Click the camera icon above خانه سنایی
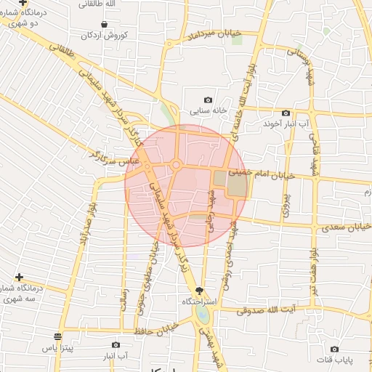[209, 100]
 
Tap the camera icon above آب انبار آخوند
[286, 113]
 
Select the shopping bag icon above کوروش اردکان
[106, 24]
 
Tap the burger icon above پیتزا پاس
[57, 336]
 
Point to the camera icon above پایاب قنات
[334, 349]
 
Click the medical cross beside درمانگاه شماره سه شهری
[19, 278]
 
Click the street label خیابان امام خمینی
[262, 174]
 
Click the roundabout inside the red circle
[177, 166]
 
